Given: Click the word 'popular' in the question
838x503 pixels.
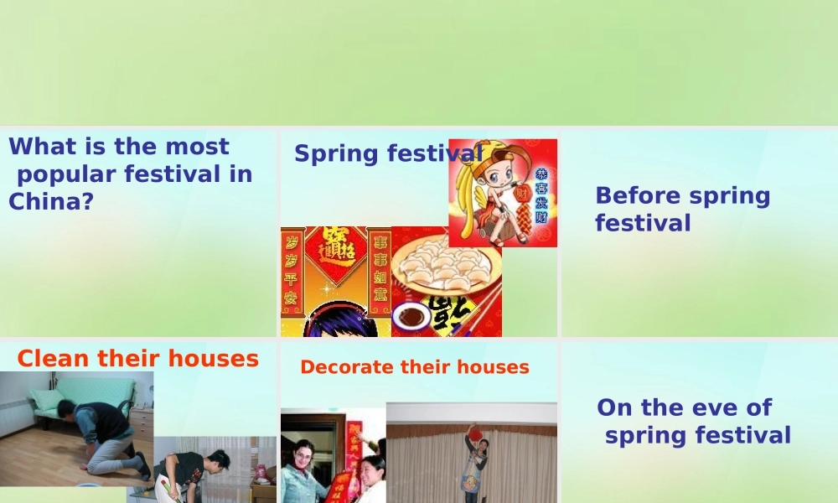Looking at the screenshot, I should click(67, 175).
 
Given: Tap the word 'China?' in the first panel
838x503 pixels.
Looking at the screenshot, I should click(50, 202).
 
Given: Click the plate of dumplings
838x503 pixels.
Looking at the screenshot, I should click(443, 269).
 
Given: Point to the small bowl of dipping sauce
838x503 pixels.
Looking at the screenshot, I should click(411, 317).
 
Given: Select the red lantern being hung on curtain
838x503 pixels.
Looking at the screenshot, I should click(475, 434).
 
